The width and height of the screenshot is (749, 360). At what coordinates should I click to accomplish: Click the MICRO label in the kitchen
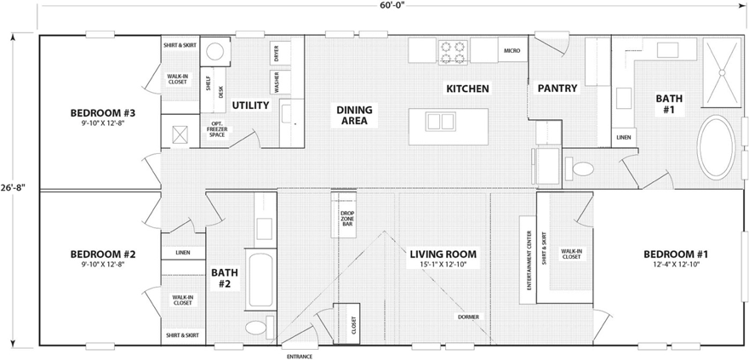point(512,51)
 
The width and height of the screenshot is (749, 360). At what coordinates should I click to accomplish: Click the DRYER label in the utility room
point(277,54)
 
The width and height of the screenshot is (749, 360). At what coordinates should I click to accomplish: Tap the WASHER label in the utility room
point(277,83)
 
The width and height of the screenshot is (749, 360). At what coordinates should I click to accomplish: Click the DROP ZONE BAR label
point(347,219)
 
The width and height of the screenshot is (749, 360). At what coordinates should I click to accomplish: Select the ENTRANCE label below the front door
point(299,356)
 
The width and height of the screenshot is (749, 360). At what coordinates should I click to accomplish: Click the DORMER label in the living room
point(467,317)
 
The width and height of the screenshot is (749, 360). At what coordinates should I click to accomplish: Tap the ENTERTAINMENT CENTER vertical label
point(529,260)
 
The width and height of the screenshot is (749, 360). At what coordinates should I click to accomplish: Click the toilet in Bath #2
point(257,328)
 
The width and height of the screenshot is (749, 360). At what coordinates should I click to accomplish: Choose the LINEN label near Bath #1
point(624,136)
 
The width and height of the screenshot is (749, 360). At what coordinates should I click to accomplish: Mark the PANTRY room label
point(557,88)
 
